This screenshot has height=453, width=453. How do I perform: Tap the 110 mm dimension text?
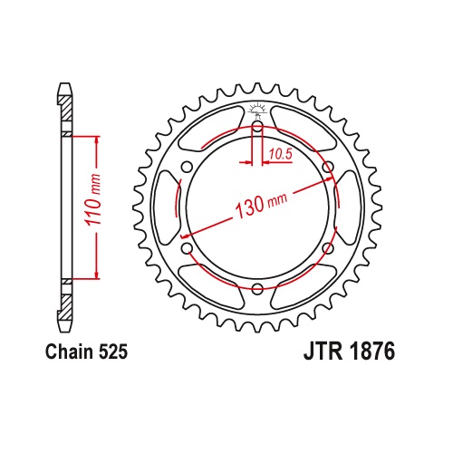click(93, 200)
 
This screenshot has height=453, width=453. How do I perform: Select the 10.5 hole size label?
click(281, 154)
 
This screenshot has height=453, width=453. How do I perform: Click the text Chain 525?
click(86, 352)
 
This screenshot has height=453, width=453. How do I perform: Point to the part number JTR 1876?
click(349, 352)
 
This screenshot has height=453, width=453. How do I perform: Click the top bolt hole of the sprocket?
click(257, 126)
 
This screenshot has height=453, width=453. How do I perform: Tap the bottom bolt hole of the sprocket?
click(257, 288)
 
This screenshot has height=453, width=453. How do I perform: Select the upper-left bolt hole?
click(188, 167)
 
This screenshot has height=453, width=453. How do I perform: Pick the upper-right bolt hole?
click(328, 167)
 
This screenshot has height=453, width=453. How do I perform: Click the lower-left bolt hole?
click(188, 248)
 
